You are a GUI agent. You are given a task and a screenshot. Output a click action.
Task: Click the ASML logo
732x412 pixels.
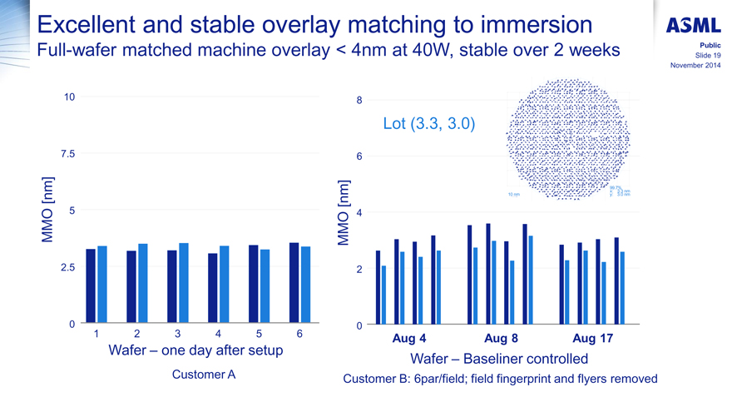(x=694, y=24)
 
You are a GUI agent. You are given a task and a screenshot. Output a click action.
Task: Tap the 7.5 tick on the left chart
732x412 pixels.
(x=66, y=154)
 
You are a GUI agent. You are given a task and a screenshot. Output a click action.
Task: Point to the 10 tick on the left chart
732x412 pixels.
(x=69, y=97)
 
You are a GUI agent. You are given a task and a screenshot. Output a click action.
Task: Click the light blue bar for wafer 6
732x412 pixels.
(x=306, y=285)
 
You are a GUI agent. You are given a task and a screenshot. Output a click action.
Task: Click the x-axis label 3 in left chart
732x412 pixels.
(x=176, y=334)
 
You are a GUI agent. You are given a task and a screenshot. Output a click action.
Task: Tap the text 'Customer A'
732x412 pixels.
(x=203, y=375)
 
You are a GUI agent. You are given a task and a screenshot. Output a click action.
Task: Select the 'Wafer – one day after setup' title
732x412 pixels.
(x=196, y=351)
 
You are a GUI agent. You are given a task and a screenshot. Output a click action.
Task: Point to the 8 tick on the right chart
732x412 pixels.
(x=359, y=101)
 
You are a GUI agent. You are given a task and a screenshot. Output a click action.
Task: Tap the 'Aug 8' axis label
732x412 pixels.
(x=501, y=339)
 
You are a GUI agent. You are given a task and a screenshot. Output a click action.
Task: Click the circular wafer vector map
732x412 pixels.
(x=569, y=140)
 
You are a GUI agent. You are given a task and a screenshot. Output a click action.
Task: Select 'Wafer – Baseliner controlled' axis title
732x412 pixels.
(x=499, y=359)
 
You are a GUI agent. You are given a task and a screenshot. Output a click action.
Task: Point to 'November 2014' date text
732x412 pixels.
(x=695, y=66)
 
